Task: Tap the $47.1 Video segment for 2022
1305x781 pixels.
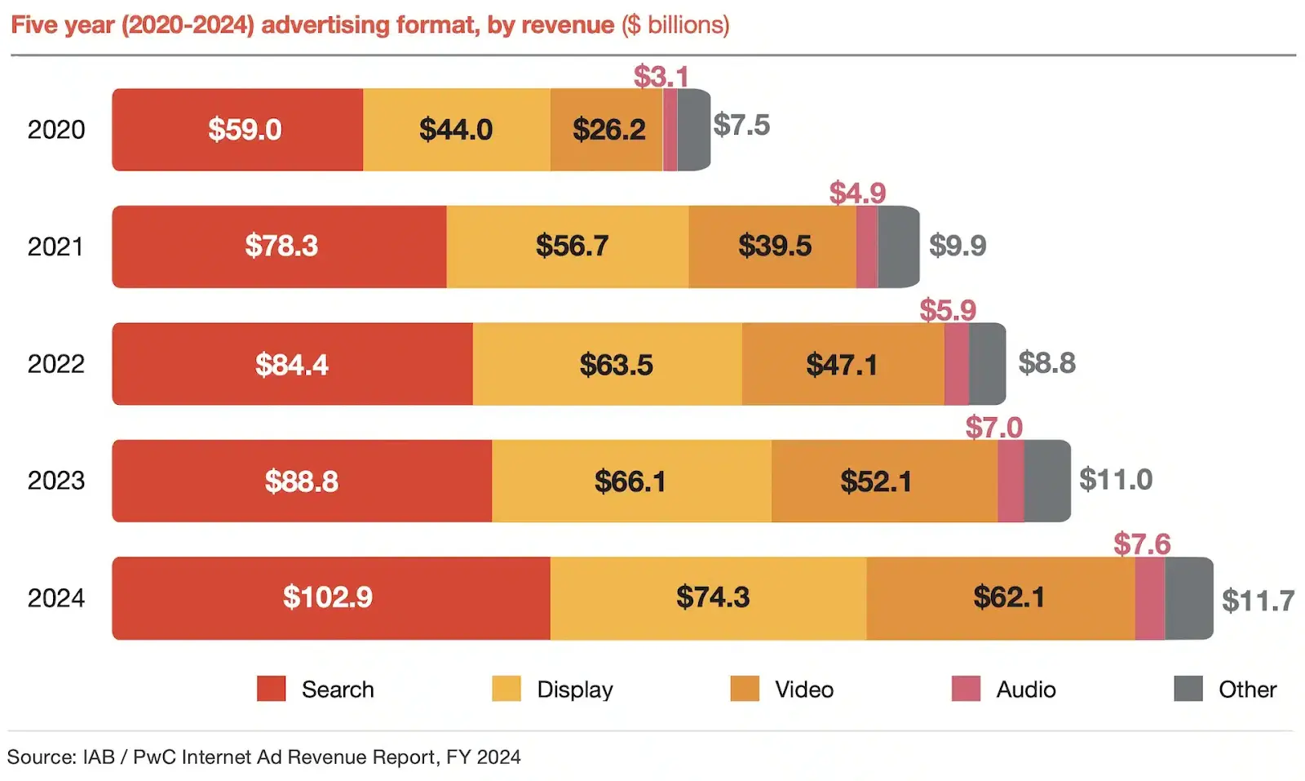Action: [843, 364]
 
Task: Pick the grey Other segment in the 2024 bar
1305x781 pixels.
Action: [1188, 598]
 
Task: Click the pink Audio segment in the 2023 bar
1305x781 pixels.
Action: [1011, 481]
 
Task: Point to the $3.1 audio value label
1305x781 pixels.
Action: [661, 77]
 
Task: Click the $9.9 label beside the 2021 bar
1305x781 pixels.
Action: [958, 245]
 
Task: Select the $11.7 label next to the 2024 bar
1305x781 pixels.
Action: [1257, 601]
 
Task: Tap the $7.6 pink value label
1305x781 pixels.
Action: [1141, 544]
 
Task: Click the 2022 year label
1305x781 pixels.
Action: [55, 364]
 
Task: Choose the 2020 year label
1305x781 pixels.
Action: [55, 130]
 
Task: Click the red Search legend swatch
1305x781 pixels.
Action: [271, 689]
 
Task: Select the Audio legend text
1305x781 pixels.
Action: [1025, 690]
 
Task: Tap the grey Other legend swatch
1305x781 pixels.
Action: [1188, 689]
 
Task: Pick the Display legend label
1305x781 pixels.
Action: [574, 690]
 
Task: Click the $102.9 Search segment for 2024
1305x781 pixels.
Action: [329, 598]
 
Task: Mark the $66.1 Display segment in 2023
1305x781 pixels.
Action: [630, 481]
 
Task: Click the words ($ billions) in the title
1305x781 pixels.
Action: [675, 25]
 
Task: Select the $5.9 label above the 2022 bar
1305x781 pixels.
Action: [947, 310]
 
